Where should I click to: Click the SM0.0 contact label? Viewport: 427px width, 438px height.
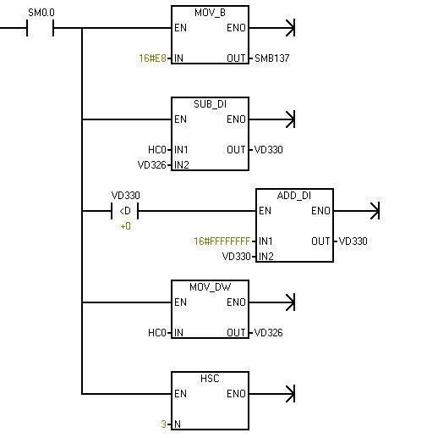(41, 13)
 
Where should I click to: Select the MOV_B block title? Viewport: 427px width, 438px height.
(210, 13)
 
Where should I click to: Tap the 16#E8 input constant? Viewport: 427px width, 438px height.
(152, 58)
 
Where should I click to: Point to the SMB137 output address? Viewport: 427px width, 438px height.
(271, 58)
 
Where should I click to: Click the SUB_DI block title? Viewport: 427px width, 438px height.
(210, 104)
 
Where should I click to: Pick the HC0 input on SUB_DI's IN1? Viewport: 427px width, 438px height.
(157, 150)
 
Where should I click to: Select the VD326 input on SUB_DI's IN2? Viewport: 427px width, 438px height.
(152, 165)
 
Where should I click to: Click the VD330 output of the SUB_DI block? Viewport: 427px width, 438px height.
(268, 150)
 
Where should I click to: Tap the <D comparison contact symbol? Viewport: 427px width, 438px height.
(125, 211)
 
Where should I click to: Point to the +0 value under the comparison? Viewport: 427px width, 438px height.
(125, 226)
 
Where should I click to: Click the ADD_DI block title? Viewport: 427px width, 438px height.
(294, 196)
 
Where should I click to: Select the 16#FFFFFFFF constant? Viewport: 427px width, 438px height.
(222, 241)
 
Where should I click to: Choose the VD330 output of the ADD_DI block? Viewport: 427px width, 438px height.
(353, 241)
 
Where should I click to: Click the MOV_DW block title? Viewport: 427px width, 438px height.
(211, 287)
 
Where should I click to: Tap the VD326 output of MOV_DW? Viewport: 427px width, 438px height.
(268, 333)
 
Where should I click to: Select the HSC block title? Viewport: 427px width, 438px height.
(210, 379)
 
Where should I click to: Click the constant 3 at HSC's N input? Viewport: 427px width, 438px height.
(163, 424)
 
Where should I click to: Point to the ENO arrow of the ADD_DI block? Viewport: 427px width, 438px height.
(357, 211)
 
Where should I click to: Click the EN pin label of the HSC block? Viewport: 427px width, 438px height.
(180, 394)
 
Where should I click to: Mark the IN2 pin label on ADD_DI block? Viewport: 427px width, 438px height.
(266, 257)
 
